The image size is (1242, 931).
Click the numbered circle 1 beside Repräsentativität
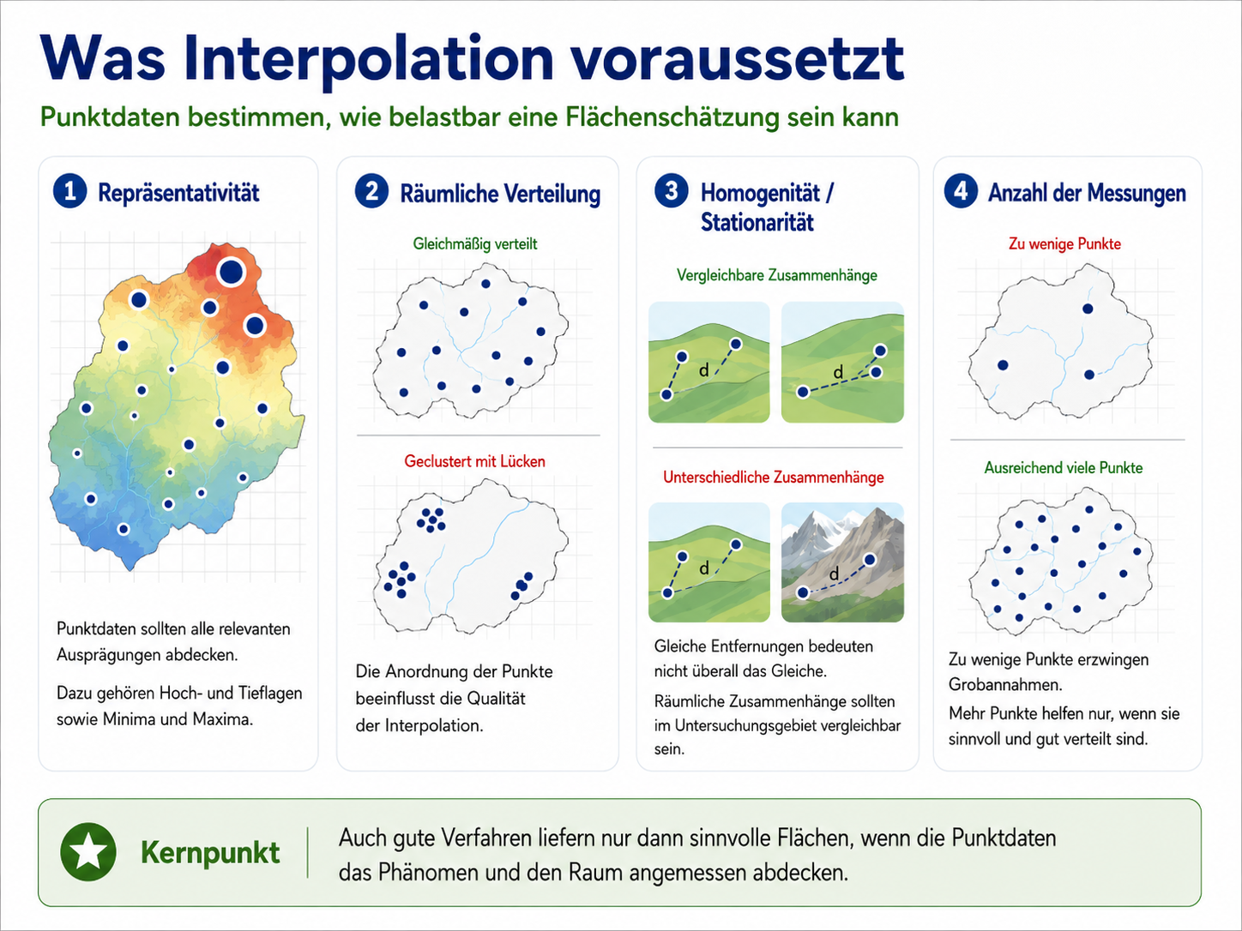[69, 191]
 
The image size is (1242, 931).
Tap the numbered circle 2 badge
[371, 191]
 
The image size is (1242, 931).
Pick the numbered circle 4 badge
[961, 191]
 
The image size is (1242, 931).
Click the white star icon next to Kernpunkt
[88, 852]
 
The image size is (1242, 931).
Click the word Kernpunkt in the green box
[210, 852]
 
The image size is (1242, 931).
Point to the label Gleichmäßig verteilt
[474, 244]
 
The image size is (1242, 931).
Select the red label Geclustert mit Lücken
[474, 461]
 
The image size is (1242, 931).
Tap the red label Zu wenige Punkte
[1064, 244]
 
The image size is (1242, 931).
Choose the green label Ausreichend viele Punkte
[1064, 468]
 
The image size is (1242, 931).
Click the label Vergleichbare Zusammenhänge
[777, 275]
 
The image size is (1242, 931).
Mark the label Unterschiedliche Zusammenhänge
[774, 478]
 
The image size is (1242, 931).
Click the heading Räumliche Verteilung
[500, 194]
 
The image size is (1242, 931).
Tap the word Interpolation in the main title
[368, 60]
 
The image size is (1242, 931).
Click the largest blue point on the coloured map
[231, 272]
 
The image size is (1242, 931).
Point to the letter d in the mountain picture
[834, 574]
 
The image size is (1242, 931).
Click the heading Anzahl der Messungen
[1087, 193]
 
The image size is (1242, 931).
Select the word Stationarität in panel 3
[757, 222]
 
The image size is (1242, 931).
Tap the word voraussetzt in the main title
[738, 60]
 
